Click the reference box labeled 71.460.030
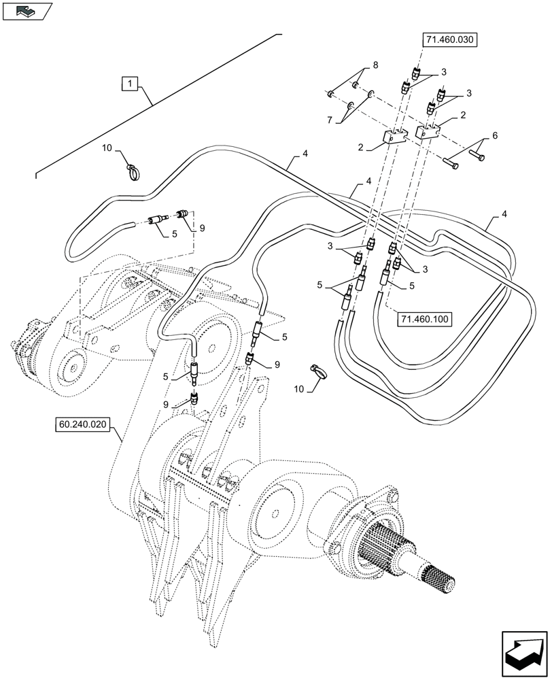pos(450,40)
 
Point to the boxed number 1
pos(130,84)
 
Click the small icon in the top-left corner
pos(27,10)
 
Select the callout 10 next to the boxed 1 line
pos(107,147)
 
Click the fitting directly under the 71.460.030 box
pos(415,73)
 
